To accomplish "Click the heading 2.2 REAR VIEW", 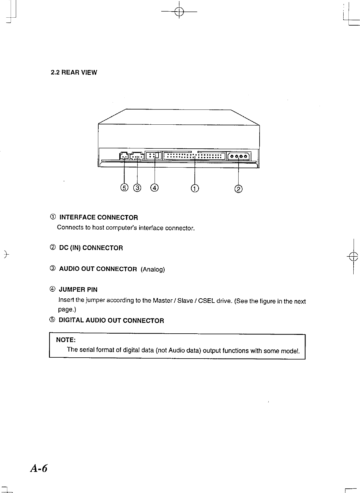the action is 74,72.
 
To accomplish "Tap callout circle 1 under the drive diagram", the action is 195,189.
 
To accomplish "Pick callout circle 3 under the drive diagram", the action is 137,188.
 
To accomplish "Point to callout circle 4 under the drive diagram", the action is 155,188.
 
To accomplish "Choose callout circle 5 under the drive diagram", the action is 124,188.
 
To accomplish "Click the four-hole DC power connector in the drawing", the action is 238,156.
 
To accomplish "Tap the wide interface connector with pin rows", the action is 194,156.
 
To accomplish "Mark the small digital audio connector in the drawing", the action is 124,156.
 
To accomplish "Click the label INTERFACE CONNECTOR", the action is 98,217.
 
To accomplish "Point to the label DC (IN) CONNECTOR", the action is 91,248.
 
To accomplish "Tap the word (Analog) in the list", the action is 152,269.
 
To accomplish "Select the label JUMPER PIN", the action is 78,290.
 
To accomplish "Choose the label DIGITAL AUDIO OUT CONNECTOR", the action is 111,321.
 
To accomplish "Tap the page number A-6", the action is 39,469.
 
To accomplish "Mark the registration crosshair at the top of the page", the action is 180,12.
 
